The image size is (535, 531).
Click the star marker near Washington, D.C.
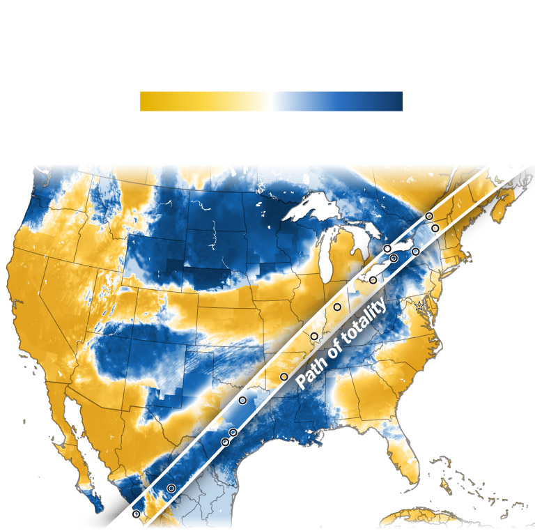(x=419, y=306)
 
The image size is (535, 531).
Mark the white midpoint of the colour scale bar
(x=271, y=102)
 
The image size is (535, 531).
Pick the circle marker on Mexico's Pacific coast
(x=136, y=514)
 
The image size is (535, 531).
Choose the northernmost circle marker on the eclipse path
(x=429, y=217)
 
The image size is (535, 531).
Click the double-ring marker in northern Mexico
(x=171, y=488)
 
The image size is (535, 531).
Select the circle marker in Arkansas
(x=284, y=377)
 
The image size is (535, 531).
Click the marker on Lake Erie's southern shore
(x=373, y=280)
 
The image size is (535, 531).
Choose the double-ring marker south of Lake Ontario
(x=394, y=258)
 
